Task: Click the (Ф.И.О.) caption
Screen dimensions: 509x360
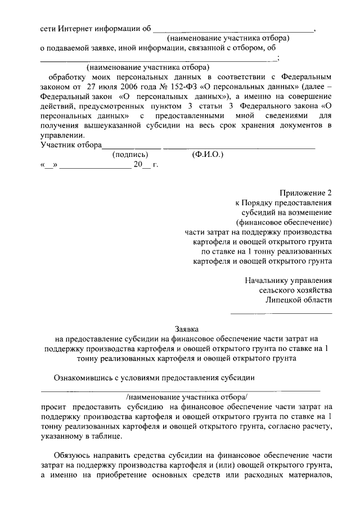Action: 207,154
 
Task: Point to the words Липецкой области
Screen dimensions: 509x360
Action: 299,300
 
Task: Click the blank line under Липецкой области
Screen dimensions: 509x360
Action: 282,312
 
